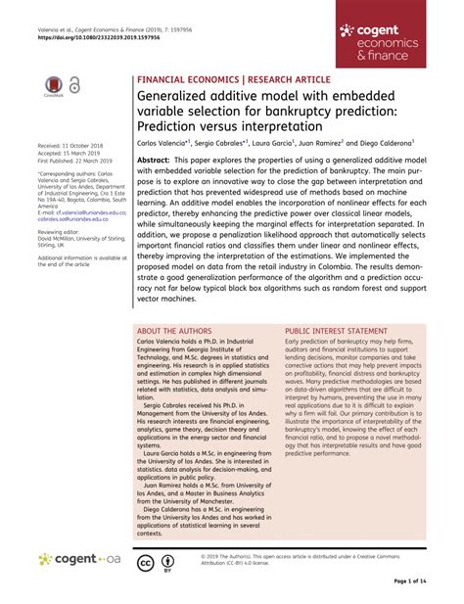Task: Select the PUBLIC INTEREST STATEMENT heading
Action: (348, 332)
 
